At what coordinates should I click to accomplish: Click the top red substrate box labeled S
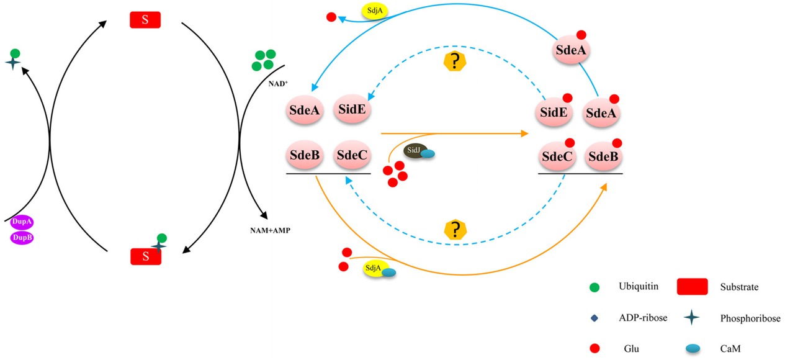pos(145,20)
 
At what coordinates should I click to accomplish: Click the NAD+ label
pos(276,81)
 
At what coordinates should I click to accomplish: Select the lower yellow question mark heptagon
pos(456,229)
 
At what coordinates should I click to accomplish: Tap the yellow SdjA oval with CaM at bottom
pos(374,268)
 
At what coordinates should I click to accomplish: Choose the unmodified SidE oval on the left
pos(352,110)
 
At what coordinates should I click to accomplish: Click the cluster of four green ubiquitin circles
pos(263,61)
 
